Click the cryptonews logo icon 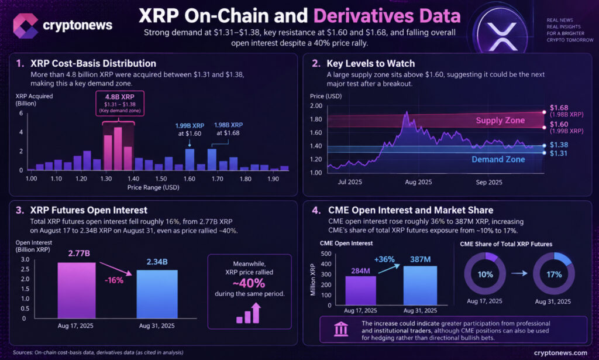click(x=25, y=26)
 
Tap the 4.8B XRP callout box click(x=120, y=103)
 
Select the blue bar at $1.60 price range click(x=190, y=159)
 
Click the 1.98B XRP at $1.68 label click(x=228, y=129)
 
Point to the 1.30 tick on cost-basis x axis click(x=106, y=179)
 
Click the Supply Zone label click(x=500, y=121)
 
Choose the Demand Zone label click(x=498, y=159)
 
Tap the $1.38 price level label click(x=559, y=145)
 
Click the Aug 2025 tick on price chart click(x=418, y=182)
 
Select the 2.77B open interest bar click(x=77, y=290)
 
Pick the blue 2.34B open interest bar click(x=157, y=294)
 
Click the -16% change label click(x=114, y=280)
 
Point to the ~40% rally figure click(x=249, y=283)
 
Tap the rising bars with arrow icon click(x=249, y=313)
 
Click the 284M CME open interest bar click(x=360, y=290)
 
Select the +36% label click(x=384, y=259)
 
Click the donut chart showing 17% click(x=554, y=274)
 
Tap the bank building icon click(x=341, y=329)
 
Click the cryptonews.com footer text click(x=560, y=353)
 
